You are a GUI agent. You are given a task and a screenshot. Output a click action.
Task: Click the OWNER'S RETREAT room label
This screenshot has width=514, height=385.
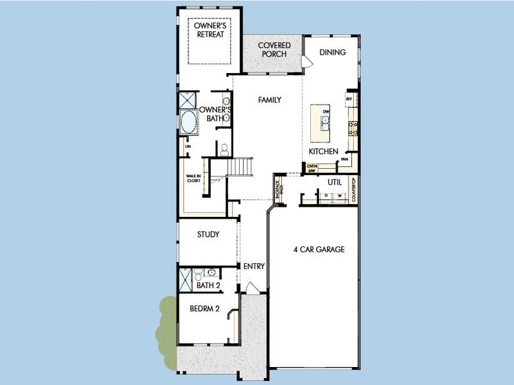pyautogui.click(x=210, y=30)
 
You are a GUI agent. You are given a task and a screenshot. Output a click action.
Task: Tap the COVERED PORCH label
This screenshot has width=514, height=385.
pyautogui.click(x=274, y=49)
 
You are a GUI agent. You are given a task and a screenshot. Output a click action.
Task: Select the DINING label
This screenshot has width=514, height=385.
pyautogui.click(x=333, y=53)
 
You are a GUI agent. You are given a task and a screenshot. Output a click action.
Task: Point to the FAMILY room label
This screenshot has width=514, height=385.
pyautogui.click(x=270, y=100)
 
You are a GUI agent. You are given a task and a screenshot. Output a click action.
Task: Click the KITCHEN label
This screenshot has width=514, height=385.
pyautogui.click(x=323, y=151)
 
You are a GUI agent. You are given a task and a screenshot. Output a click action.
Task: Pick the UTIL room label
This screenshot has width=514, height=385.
pyautogui.click(x=335, y=182)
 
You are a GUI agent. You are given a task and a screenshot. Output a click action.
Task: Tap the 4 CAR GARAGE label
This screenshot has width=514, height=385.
pyautogui.click(x=319, y=250)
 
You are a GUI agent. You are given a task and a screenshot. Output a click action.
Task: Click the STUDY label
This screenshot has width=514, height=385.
pyautogui.click(x=208, y=235)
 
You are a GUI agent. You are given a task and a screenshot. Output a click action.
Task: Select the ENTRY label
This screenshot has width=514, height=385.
pyautogui.click(x=254, y=266)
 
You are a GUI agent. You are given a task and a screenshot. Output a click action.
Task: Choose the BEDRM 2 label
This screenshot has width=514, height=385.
pyautogui.click(x=204, y=309)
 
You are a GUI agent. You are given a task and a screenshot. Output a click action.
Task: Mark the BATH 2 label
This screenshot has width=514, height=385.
pyautogui.click(x=208, y=285)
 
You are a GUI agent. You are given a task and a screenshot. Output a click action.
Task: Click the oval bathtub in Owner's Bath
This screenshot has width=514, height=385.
pyautogui.click(x=189, y=123)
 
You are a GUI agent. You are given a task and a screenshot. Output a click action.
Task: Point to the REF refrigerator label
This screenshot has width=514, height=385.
pyautogui.click(x=349, y=99)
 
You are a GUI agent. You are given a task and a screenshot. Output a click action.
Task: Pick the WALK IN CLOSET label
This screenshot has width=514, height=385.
pyautogui.click(x=194, y=178)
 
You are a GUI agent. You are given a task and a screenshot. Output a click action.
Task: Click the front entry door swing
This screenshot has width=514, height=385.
pyautogui.click(x=252, y=288)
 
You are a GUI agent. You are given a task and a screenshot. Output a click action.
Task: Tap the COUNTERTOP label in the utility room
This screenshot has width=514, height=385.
pyautogui.click(x=353, y=190)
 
